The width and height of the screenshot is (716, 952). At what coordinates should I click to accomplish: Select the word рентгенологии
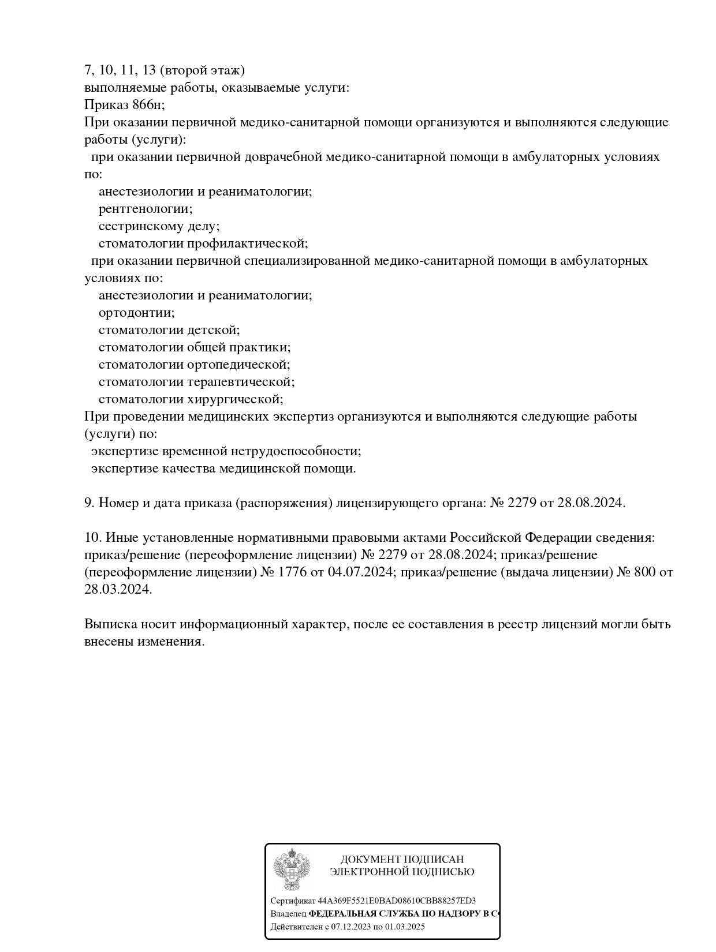pyautogui.click(x=145, y=209)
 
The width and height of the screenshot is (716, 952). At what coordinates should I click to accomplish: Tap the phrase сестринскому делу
pyautogui.click(x=159, y=226)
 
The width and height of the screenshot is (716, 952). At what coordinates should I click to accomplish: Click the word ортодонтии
pyautogui.click(x=136, y=313)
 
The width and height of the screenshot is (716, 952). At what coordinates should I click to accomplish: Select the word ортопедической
pyautogui.click(x=238, y=365)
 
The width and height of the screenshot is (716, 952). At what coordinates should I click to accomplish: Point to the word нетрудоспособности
pyautogui.click(x=296, y=451)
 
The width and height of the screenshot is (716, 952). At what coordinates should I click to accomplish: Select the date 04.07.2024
pyautogui.click(x=359, y=572)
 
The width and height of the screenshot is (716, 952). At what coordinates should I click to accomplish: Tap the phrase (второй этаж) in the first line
pyautogui.click(x=202, y=70)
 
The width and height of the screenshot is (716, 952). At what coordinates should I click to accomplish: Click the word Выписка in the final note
pyautogui.click(x=109, y=624)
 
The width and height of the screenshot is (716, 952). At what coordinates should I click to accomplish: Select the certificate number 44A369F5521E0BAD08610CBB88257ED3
pyautogui.click(x=397, y=901)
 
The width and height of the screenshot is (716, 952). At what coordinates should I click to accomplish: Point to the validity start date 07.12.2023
pyautogui.click(x=350, y=927)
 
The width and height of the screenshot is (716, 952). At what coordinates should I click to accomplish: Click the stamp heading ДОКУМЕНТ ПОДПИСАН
pyautogui.click(x=402, y=859)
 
